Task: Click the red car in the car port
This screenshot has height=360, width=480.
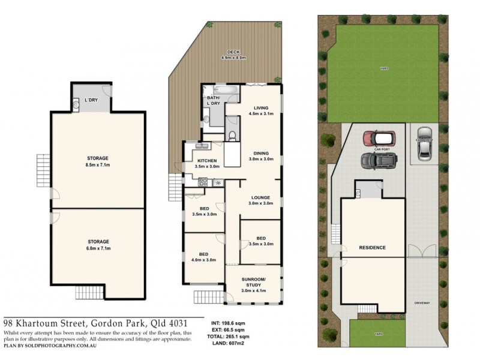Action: pyautogui.click(x=378, y=137)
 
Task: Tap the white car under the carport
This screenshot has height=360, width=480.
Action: pyautogui.click(x=424, y=143)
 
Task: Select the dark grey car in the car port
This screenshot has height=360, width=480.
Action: pyautogui.click(x=379, y=160)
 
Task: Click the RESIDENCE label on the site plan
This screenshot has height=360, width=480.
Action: pyautogui.click(x=372, y=247)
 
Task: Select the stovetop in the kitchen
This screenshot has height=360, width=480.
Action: pyautogui.click(x=203, y=182)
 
